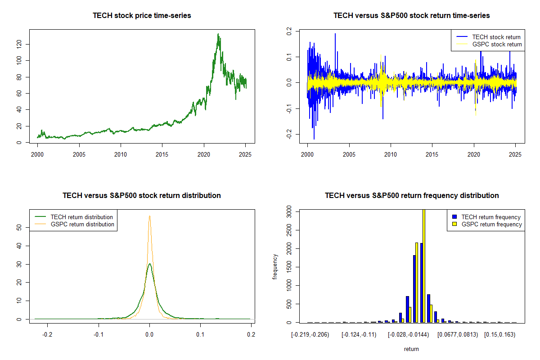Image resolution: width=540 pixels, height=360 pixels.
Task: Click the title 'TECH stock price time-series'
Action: tap(142, 16)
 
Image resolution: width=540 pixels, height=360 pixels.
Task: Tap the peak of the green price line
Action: tap(218, 34)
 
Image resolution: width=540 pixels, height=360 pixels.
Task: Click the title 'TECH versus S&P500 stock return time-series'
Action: tap(411, 16)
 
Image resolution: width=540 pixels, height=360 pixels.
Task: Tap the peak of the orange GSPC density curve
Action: tap(149, 216)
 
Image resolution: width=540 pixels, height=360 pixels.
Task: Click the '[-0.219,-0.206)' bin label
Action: tap(311, 335)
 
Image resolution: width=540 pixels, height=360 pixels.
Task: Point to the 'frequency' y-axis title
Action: tap(275, 267)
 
